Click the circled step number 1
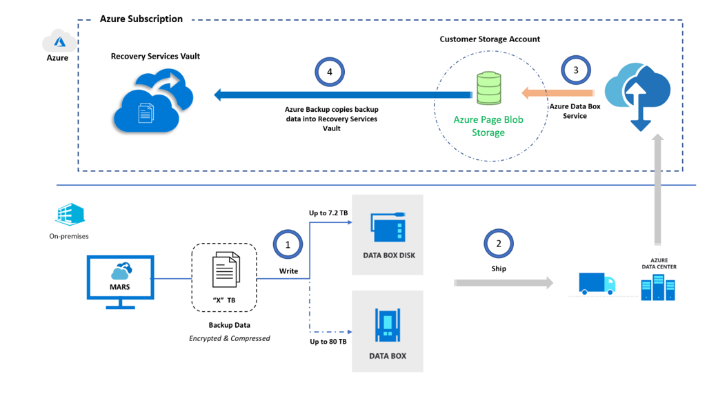click(288, 244)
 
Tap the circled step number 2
click(499, 243)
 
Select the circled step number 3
click(576, 70)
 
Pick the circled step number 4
click(330, 72)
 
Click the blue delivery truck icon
click(597, 283)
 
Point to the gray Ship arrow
click(504, 282)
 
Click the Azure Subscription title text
click(141, 19)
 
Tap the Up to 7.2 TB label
click(328, 213)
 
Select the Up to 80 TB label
click(328, 342)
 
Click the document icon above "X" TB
click(226, 269)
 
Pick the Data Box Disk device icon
click(388, 227)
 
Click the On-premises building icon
click(70, 215)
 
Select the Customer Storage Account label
click(490, 39)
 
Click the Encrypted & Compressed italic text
click(230, 338)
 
